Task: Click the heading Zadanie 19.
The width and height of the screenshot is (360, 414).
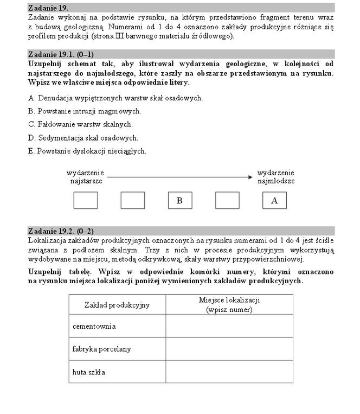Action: point(48,8)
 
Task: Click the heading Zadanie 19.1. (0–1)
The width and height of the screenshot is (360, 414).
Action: point(60,54)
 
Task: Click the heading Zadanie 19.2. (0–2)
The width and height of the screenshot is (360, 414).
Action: point(60,231)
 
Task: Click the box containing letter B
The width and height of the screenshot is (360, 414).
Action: point(179,200)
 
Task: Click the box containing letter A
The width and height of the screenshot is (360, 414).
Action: point(274,200)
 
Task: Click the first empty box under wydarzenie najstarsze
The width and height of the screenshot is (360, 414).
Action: point(85,200)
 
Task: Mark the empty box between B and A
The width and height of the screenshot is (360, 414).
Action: point(227,200)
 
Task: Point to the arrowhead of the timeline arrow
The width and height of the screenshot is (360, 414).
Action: point(250,177)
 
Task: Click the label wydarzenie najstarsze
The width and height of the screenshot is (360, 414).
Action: point(85,177)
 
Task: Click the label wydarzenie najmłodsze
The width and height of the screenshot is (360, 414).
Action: point(275,177)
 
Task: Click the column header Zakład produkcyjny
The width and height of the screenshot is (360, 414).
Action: point(117,305)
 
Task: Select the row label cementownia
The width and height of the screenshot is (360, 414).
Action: point(94,326)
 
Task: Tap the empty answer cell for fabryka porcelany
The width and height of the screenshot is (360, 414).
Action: point(229,349)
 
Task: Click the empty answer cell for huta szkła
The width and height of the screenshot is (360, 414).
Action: point(229,372)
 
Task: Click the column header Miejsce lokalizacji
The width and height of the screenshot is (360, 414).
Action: point(229,304)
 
